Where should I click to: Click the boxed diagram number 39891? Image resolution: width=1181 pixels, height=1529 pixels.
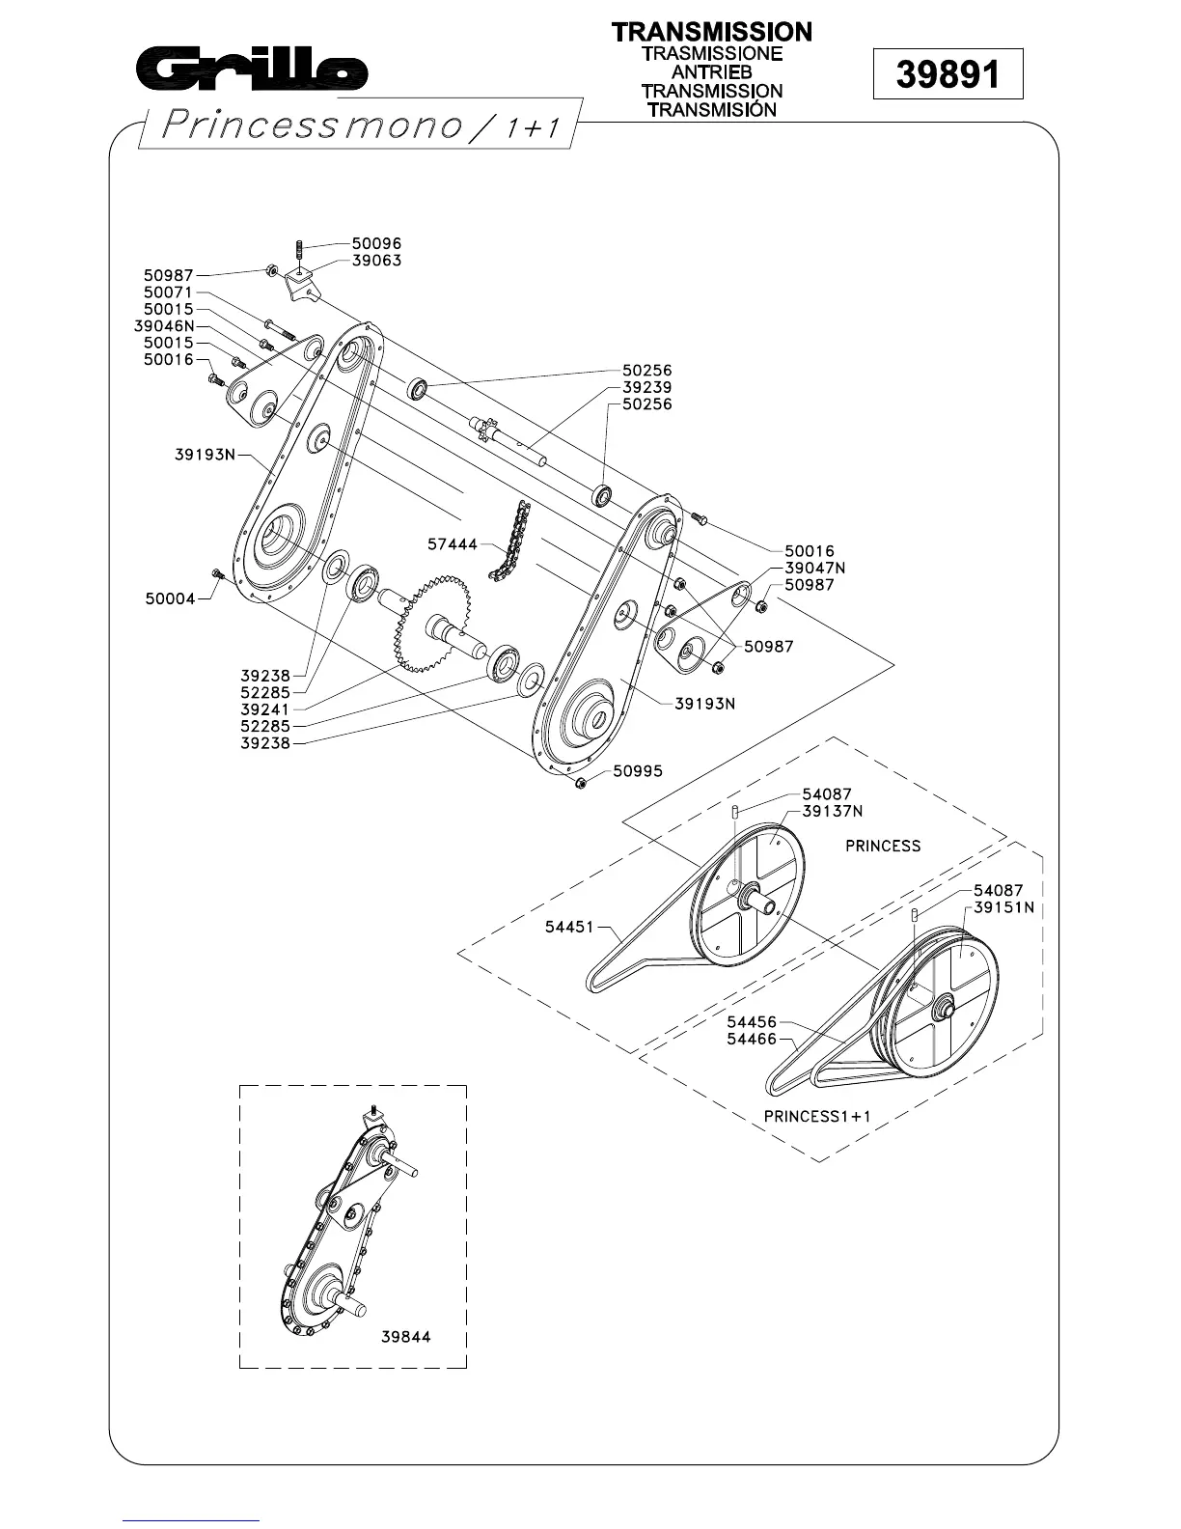pos(947,74)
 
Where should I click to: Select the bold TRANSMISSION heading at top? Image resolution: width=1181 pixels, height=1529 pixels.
pos(712,32)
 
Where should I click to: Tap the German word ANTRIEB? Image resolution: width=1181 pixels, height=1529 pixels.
pos(712,72)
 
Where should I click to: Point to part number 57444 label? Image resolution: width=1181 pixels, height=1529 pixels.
pos(453,545)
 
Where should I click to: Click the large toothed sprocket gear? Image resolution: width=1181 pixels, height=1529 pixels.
pos(432,623)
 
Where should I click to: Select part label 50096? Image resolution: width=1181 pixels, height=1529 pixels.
pos(376,244)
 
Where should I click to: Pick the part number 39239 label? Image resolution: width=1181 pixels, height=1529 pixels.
pos(647,387)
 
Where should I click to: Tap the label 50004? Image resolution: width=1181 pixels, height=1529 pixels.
pos(170,598)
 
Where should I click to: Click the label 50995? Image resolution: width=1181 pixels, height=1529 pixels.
pos(638,771)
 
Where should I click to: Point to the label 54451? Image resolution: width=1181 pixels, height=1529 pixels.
pos(569,927)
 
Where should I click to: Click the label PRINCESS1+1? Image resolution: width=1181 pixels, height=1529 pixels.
pos(817,1116)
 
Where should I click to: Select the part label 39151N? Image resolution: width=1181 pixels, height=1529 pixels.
pos(1003,907)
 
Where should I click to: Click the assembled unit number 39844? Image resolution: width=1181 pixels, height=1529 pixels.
pos(405,1337)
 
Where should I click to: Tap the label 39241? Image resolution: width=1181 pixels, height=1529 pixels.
pos(264,709)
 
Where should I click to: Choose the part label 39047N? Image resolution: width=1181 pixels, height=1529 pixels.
pos(814,568)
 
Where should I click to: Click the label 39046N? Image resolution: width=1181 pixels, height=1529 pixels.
pos(164,326)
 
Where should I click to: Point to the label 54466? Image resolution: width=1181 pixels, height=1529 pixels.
pos(752,1039)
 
